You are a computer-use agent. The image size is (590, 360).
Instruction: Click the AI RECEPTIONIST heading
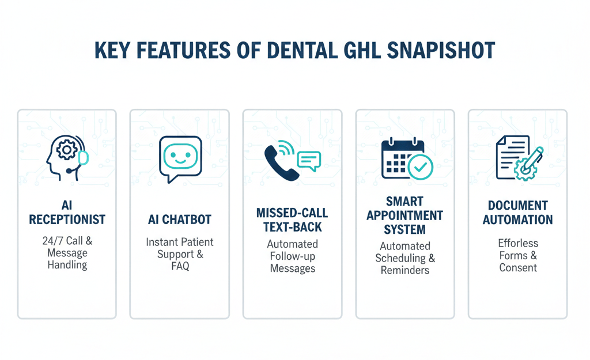coord(67,213)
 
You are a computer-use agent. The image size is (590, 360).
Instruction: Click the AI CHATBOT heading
coord(179,219)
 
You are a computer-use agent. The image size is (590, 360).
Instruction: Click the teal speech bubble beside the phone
coord(308,160)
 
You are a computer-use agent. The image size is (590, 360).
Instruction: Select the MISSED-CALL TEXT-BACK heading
coord(292,220)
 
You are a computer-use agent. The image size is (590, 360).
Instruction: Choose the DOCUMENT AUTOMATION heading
coord(517,213)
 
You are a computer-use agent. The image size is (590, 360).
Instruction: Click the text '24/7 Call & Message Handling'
coord(67,253)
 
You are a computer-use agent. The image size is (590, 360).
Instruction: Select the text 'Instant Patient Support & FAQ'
coord(179,254)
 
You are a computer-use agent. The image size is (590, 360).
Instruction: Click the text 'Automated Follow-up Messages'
coord(292,256)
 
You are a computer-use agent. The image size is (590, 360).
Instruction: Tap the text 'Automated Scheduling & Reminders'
coord(405,258)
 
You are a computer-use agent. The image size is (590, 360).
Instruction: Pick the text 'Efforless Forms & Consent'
coord(517,255)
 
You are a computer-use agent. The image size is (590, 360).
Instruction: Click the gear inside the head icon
coord(67,150)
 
